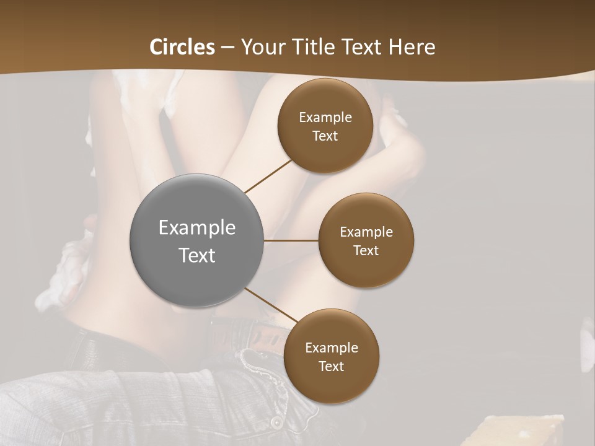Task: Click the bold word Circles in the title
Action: (182, 47)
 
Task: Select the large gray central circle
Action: (197, 240)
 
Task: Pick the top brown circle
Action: (325, 126)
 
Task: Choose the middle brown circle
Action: (366, 240)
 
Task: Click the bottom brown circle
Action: (331, 356)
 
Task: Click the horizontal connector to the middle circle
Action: (291, 240)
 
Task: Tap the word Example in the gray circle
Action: (197, 228)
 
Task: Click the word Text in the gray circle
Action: (197, 255)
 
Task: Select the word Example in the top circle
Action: (325, 118)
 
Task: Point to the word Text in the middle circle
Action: (366, 250)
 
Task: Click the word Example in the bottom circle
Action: (331, 348)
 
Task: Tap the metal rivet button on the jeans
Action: (275, 422)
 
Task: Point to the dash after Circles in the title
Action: (227, 48)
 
